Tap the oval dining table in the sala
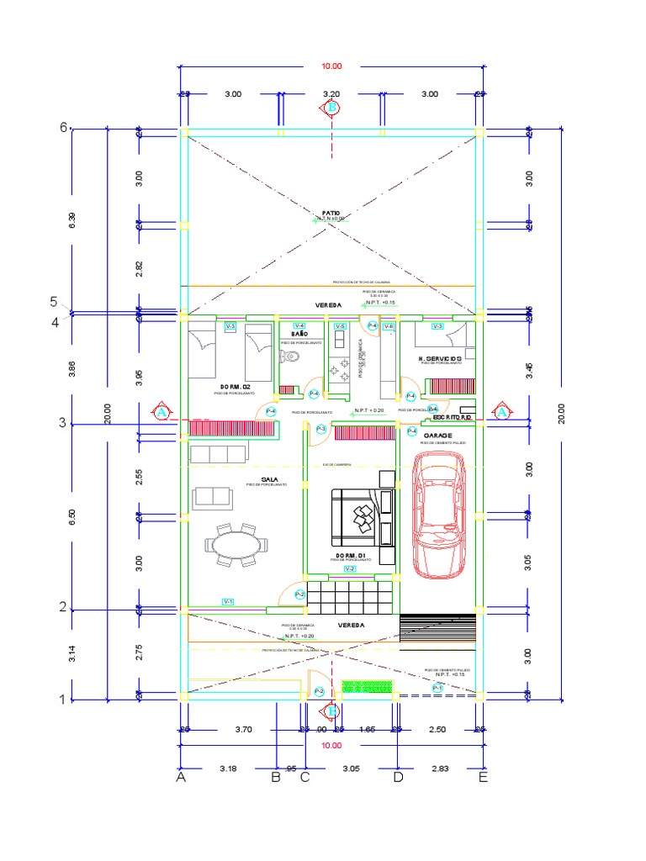pyautogui.click(x=238, y=546)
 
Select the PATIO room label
pyautogui.click(x=330, y=214)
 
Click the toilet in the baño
pyautogui.click(x=291, y=357)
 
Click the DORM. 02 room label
pyautogui.click(x=236, y=386)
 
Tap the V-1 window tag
pyautogui.click(x=228, y=601)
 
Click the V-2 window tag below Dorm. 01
pyautogui.click(x=349, y=569)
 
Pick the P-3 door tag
pyautogui.click(x=322, y=430)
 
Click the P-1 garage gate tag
pyautogui.click(x=437, y=688)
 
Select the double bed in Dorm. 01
pyautogui.click(x=361, y=517)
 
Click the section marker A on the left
pyautogui.click(x=161, y=412)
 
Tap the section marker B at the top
pyautogui.click(x=331, y=108)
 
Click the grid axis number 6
pyautogui.click(x=62, y=128)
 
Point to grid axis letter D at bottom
pyautogui.click(x=398, y=778)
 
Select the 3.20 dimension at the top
pyautogui.click(x=331, y=95)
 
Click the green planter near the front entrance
pyautogui.click(x=364, y=687)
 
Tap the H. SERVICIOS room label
pyautogui.click(x=442, y=359)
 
